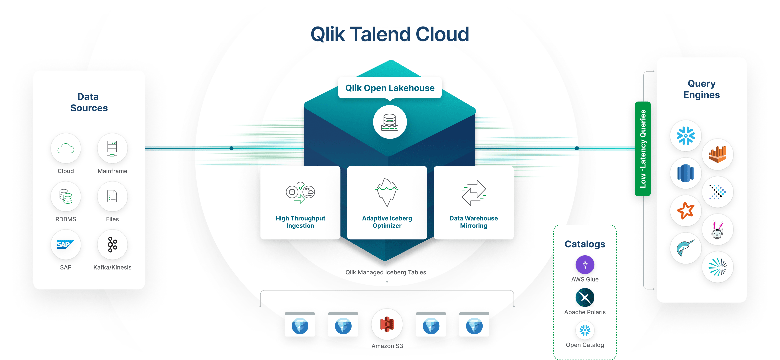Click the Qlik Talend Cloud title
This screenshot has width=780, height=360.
[x=390, y=34]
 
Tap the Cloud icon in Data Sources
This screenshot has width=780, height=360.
[x=66, y=148]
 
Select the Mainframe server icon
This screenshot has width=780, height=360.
[x=112, y=148]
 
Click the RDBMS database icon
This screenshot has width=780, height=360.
[x=66, y=196]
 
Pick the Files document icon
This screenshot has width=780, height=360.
[x=112, y=196]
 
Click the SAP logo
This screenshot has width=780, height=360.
[x=66, y=245]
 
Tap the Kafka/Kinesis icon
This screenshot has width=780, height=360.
[x=112, y=245]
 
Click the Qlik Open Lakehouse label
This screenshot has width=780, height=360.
[x=390, y=88]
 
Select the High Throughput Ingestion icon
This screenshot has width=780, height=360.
[x=300, y=192]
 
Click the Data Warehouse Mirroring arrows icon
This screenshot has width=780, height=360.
[x=474, y=192]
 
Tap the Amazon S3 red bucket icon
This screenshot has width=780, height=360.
[x=387, y=324]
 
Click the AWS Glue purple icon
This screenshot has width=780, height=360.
[x=585, y=265]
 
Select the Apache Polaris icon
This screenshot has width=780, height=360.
[x=585, y=297]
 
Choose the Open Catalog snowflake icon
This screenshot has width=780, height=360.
[x=585, y=330]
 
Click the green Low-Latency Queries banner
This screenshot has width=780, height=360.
[x=643, y=149]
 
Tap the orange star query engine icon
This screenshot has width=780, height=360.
[x=686, y=210]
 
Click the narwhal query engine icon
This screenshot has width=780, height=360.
[x=686, y=248]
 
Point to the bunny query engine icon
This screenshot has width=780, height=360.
[x=717, y=229]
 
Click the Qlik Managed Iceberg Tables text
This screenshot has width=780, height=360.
[x=386, y=272]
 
